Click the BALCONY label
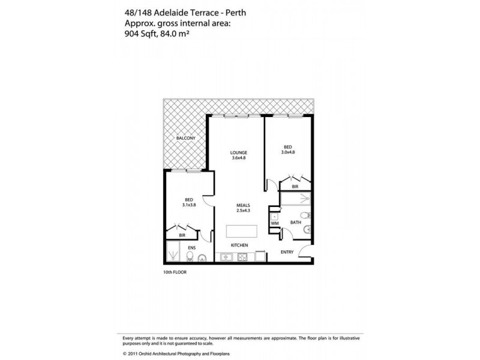coord(185,139)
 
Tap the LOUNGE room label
coord(239,153)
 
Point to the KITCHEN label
coord(240,246)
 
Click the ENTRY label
coord(287,252)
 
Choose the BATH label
coord(295,223)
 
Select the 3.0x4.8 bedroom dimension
coord(287,152)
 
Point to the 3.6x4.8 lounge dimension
coord(239,158)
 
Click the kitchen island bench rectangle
coord(242,232)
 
